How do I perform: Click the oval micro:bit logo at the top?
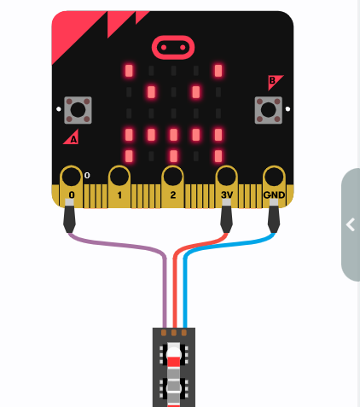coord(173,47)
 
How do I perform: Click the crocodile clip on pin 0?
coord(69,216)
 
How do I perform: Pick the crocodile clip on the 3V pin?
coord(226,216)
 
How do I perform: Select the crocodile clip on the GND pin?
coord(274,216)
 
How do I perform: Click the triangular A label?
coord(72,137)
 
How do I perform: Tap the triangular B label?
coord(274,81)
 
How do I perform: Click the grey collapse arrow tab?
coord(351,224)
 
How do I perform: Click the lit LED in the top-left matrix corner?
coord(129,71)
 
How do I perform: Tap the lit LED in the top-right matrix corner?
coord(218,71)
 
